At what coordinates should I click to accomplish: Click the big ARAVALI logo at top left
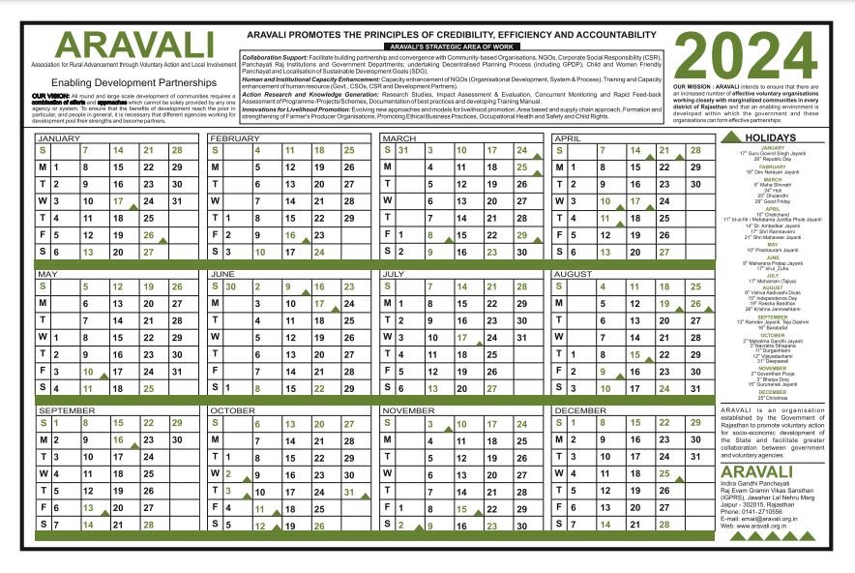point(134,44)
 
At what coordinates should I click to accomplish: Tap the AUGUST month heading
point(575,274)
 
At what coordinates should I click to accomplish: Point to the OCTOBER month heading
point(232,410)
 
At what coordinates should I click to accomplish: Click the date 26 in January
point(148,235)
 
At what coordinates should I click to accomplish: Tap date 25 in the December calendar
point(663,473)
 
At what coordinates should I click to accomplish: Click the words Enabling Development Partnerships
point(134,83)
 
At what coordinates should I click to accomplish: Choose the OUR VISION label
point(49,98)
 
